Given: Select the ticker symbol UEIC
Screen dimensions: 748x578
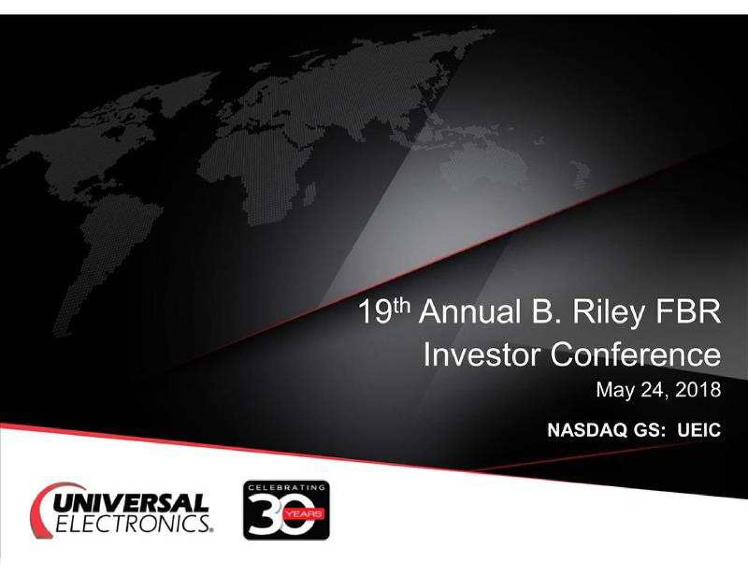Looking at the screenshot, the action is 699,430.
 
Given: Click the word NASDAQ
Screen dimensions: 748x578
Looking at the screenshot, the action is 587,430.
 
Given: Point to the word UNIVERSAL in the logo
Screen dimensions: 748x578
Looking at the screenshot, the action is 131,504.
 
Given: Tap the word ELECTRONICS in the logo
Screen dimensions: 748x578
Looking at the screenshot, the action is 134,525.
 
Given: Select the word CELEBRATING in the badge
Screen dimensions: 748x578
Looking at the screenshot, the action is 286,487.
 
